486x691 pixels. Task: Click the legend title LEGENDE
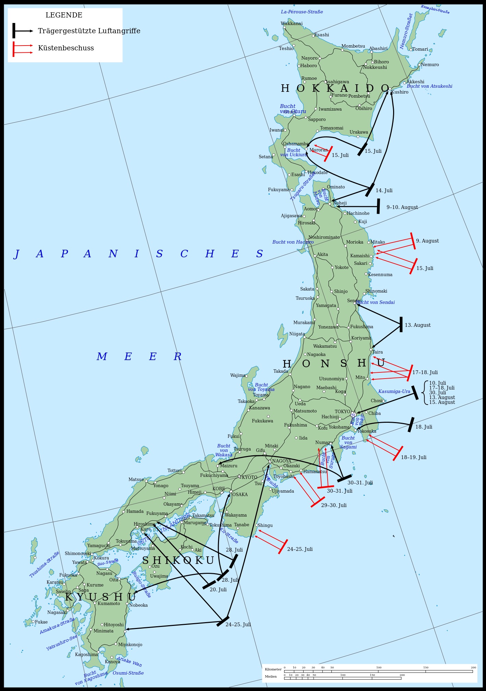pyautogui.click(x=64, y=15)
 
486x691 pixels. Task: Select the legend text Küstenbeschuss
pyautogui.click(x=66, y=48)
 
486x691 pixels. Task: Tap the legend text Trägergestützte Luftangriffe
pyautogui.click(x=89, y=31)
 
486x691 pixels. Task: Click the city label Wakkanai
pyautogui.click(x=292, y=24)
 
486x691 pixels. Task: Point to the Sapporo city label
pyautogui.click(x=317, y=120)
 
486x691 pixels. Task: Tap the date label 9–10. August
pyautogui.click(x=402, y=207)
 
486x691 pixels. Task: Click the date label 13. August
pyautogui.click(x=417, y=325)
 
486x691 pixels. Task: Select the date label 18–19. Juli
pyautogui.click(x=414, y=457)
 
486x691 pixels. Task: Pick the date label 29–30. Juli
pyautogui.click(x=333, y=505)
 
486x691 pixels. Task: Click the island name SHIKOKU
pyautogui.click(x=178, y=560)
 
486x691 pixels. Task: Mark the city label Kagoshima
pyautogui.click(x=87, y=654)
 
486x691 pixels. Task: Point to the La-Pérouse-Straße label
pyautogui.click(x=302, y=12)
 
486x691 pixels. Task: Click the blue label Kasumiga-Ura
pyautogui.click(x=394, y=392)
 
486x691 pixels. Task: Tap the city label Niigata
pyautogui.click(x=297, y=334)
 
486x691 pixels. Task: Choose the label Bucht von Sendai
pyautogui.click(x=376, y=303)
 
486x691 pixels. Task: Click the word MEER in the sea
pyautogui.click(x=139, y=357)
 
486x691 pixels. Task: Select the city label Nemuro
pyautogui.click(x=430, y=65)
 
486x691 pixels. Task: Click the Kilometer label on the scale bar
pyautogui.click(x=273, y=669)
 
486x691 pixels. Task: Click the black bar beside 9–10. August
pyautogui.click(x=378, y=206)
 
